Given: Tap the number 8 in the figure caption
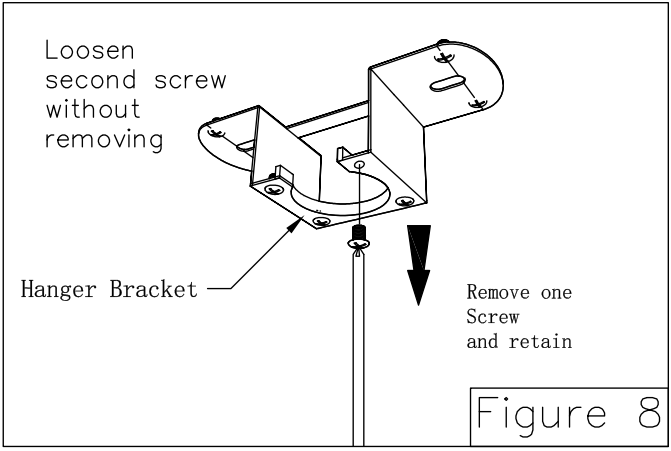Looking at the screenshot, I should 645,412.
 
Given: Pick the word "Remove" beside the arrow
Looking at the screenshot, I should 500,293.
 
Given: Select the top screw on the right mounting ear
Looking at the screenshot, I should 443,44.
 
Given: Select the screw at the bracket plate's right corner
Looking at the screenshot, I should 404,202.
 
